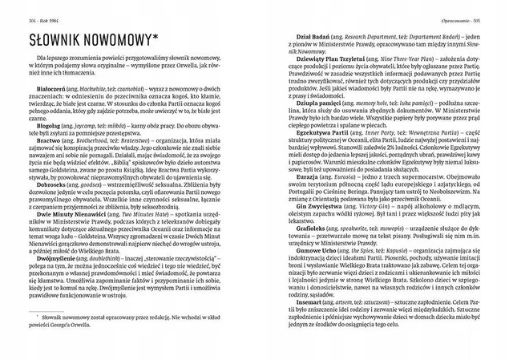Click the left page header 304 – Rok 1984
(31, 10)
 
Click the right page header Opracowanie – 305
(476, 10)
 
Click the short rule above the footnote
(35, 330)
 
